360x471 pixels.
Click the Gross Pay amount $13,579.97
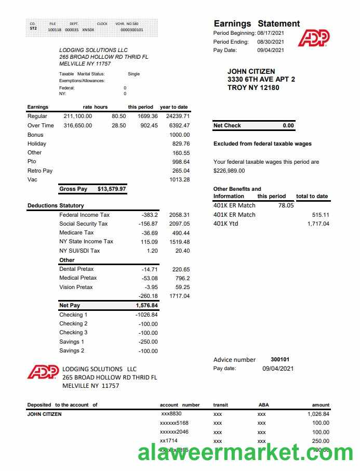pos(112,189)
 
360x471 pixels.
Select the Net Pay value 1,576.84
pos(146,306)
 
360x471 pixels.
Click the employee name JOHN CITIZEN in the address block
pos(251,71)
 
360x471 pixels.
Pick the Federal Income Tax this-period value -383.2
pos(150,215)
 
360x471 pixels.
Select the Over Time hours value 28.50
pos(118,125)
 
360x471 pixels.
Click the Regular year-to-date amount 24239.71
pos(178,116)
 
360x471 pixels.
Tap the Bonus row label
pos(35,135)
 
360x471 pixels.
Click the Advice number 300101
pos(280,359)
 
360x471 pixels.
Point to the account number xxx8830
pos(171,414)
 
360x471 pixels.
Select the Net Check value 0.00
pos(288,125)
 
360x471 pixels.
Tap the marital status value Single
pos(134,74)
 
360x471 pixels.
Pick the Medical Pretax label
pos(78,278)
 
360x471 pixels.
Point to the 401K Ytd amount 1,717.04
pos(318,224)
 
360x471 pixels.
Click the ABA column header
pos(263,404)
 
